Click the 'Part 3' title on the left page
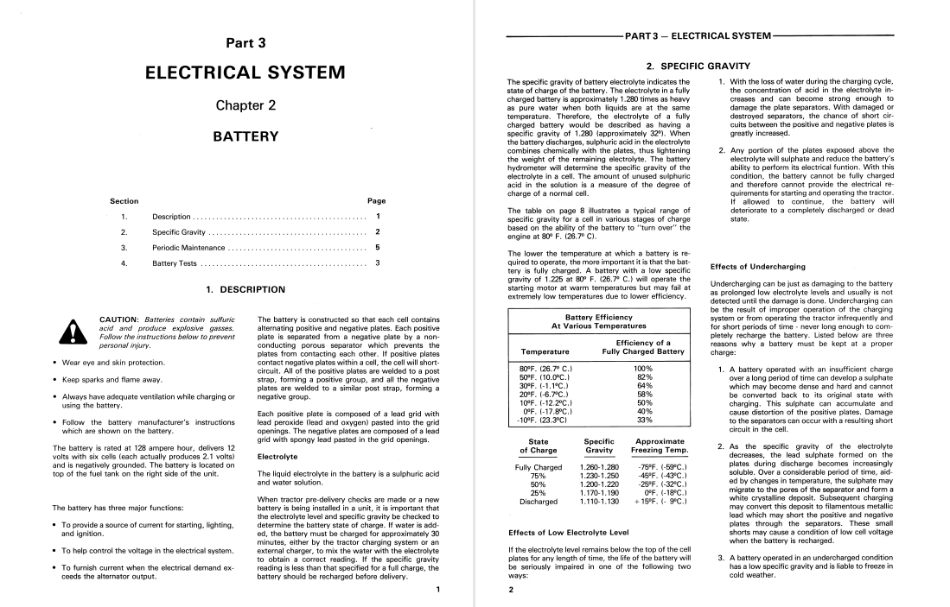click(246, 42)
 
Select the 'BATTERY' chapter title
click(246, 136)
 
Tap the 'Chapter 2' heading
click(246, 106)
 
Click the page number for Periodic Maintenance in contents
click(377, 247)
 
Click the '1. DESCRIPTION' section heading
click(245, 290)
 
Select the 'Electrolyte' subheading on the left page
click(277, 457)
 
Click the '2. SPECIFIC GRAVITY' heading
click(698, 66)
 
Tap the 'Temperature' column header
click(545, 351)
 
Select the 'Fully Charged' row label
click(538, 467)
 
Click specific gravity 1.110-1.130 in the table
click(599, 500)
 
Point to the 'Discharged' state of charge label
click(538, 500)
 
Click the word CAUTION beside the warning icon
click(121, 319)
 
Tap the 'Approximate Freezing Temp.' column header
click(659, 446)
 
